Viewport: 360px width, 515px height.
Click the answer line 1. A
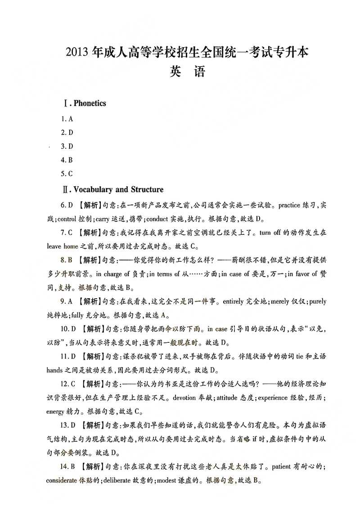67,119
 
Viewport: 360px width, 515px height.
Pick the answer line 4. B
67,160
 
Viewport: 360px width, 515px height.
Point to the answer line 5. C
67,174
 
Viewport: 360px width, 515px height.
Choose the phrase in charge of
113,274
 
